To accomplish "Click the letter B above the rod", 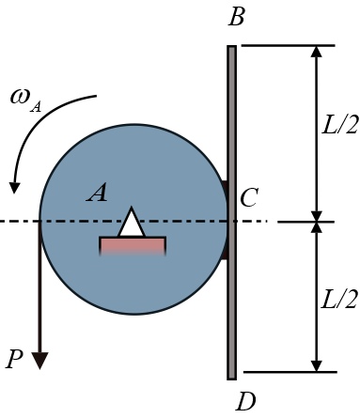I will click(236, 19).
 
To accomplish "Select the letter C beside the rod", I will click(249, 198).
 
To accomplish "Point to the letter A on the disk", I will click(97, 194).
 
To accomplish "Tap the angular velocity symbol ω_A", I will click(26, 100).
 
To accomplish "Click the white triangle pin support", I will click(132, 223).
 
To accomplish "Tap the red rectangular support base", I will click(133, 245).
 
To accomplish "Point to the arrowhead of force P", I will click(39, 359).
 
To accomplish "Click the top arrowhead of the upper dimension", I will click(316, 53).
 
